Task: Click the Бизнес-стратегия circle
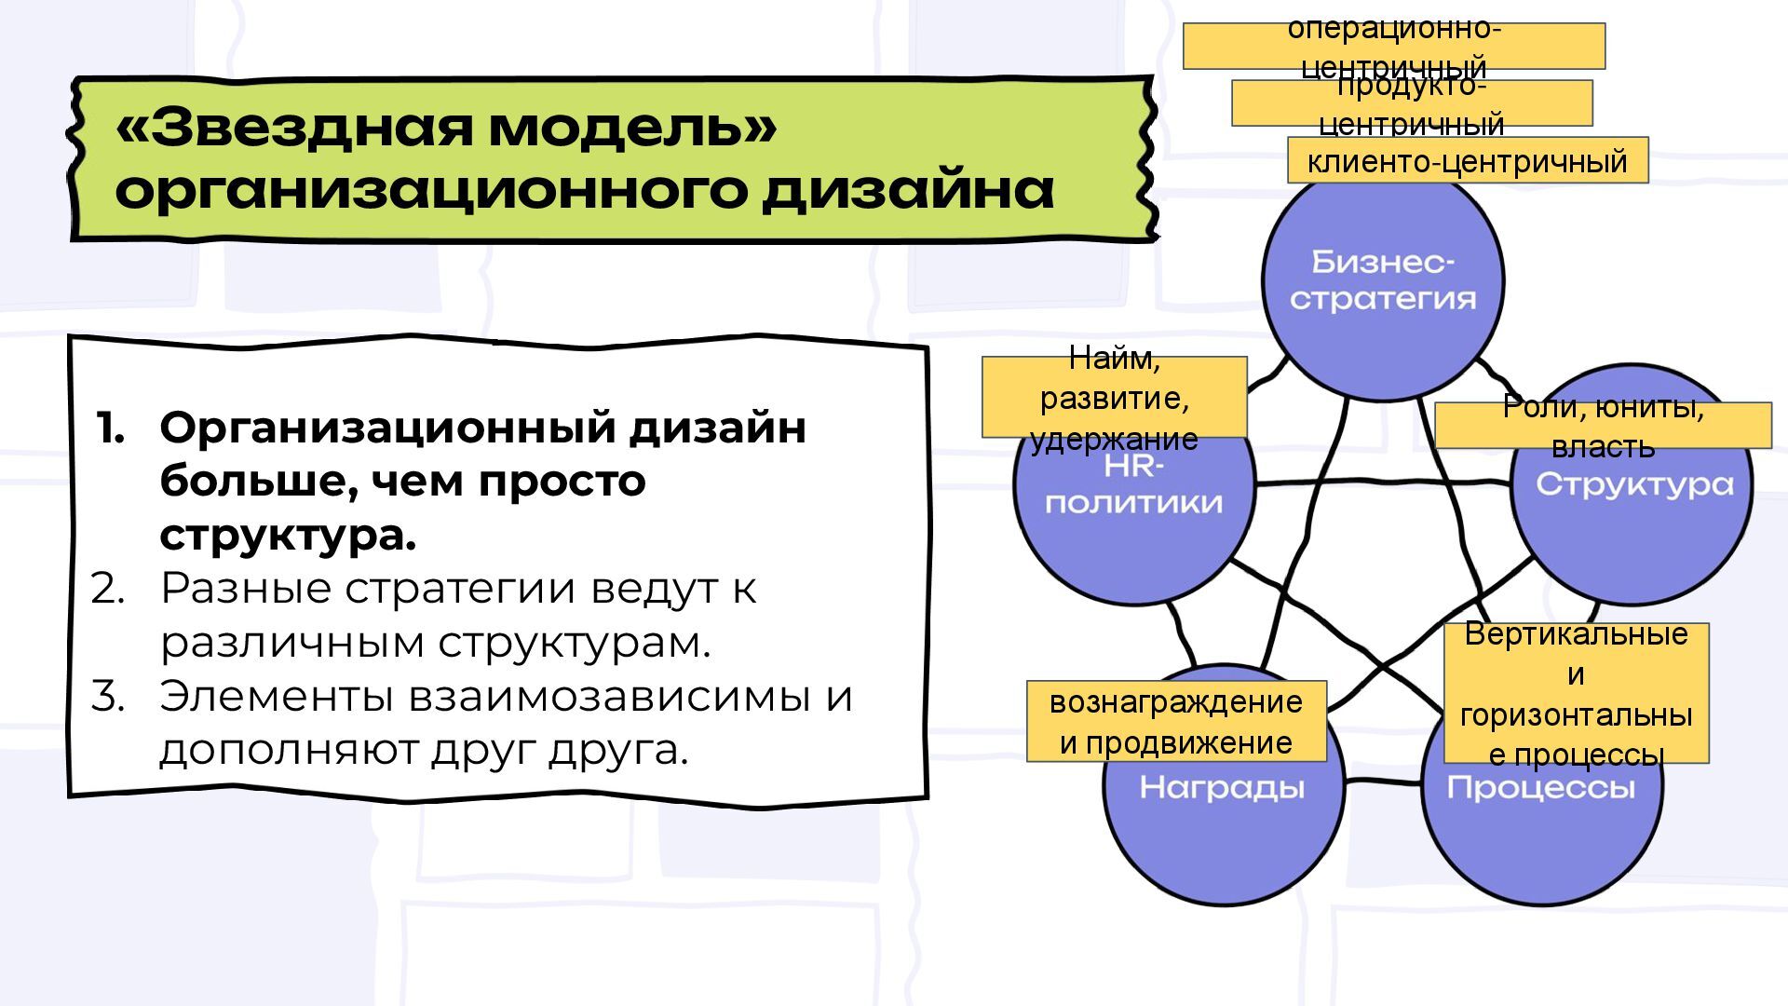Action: point(1383,279)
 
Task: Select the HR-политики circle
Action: point(1134,522)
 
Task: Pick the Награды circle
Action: point(1223,820)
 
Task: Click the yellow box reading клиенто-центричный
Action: point(1468,160)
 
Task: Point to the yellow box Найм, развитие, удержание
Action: point(1114,397)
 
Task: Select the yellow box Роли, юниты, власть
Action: point(1603,426)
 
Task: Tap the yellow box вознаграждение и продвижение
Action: point(1176,722)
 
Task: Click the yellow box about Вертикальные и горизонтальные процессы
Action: point(1577,693)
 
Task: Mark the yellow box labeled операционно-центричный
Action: point(1394,46)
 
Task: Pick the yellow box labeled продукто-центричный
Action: point(1412,102)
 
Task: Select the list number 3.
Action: point(107,697)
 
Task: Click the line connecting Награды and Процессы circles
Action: point(1383,781)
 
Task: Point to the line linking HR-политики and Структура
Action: point(1383,483)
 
